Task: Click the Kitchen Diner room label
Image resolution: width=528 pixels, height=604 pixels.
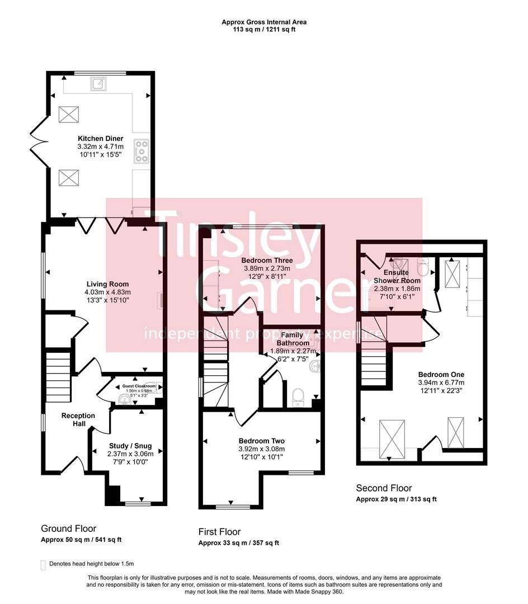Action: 101,138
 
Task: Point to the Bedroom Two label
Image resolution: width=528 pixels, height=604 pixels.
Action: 261,440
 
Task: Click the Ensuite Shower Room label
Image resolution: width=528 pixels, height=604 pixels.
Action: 397,276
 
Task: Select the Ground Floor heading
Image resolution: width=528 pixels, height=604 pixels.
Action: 68,528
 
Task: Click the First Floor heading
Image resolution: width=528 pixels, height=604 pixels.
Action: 219,532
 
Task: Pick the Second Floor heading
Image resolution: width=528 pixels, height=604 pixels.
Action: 384,488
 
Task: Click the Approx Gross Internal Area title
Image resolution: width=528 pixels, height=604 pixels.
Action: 264,22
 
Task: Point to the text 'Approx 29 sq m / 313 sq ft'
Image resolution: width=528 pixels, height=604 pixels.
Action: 396,499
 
